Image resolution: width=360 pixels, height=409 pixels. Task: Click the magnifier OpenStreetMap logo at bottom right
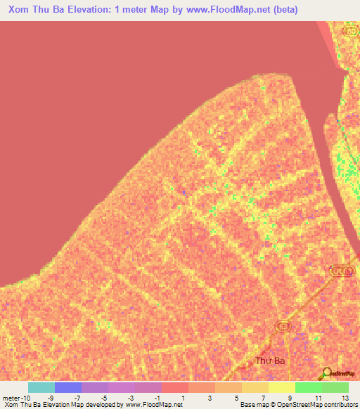pyautogui.click(x=328, y=373)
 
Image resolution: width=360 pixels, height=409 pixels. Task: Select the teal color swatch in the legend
pyautogui.click(x=41, y=387)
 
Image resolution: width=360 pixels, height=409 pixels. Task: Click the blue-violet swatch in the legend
pyautogui.click(x=68, y=387)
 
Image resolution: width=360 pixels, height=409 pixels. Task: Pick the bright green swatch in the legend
pyautogui.click(x=309, y=387)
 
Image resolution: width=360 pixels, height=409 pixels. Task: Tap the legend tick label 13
pyautogui.click(x=345, y=397)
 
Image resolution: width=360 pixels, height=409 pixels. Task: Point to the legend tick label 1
pyautogui.click(x=183, y=397)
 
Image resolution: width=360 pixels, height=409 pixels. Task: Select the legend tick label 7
pyautogui.click(x=263, y=397)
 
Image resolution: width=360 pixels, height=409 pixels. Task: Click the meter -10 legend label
pyautogui.click(x=16, y=397)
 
